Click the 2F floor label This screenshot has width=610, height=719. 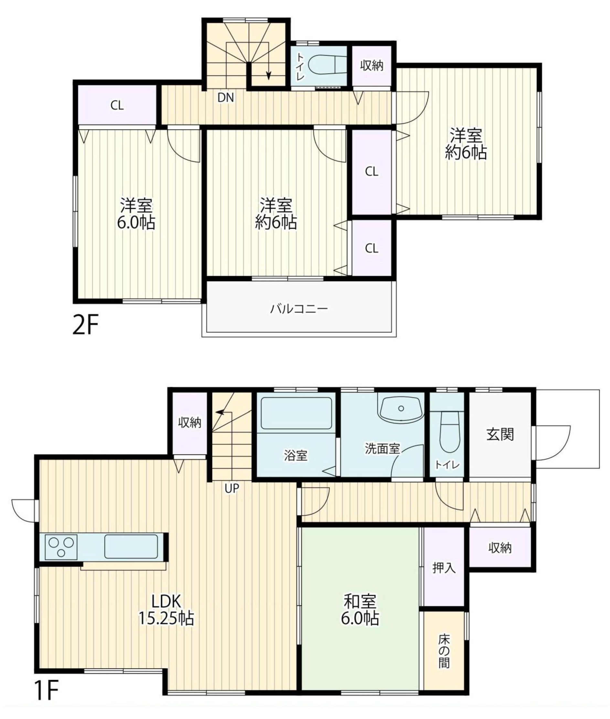click(86, 325)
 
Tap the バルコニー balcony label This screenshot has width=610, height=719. click(299, 308)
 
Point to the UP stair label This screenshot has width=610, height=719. click(231, 488)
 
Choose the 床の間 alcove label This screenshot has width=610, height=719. click(444, 651)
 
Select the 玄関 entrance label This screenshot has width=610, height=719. click(500, 435)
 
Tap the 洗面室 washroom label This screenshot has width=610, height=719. click(382, 448)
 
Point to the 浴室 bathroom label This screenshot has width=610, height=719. click(296, 456)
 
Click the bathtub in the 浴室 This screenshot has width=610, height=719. click(296, 413)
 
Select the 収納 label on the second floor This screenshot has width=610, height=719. click(372, 65)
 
